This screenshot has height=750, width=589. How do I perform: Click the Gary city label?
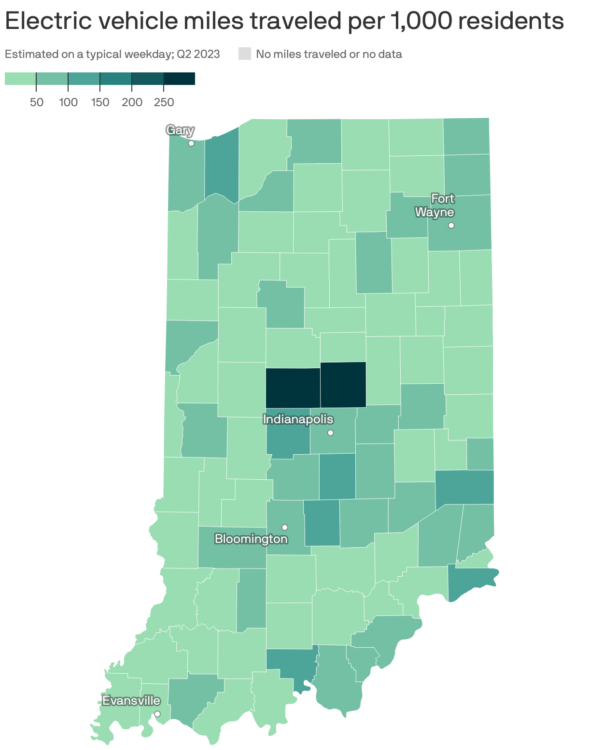click(180, 130)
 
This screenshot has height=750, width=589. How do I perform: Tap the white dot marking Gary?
click(191, 143)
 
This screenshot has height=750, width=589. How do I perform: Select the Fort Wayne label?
click(435, 206)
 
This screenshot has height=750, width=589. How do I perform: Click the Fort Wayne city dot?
click(451, 225)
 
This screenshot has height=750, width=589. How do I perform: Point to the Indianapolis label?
click(298, 419)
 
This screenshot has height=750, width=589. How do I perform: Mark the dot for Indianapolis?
click(330, 432)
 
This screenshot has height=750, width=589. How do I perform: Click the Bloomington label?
click(251, 539)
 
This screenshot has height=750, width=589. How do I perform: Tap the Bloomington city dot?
click(285, 527)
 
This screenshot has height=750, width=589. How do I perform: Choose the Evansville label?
click(131, 700)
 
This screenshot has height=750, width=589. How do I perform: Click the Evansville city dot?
click(157, 714)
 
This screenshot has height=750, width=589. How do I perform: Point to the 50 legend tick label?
click(36, 102)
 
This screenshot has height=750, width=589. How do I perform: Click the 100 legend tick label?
click(68, 102)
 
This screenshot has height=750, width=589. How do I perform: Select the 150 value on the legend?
click(100, 102)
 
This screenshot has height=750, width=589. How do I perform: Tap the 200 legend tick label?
click(132, 102)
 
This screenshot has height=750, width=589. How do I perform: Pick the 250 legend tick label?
click(164, 102)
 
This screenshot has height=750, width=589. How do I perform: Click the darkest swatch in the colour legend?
click(179, 78)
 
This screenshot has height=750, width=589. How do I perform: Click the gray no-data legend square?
click(245, 54)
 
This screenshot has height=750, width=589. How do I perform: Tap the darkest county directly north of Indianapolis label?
click(293, 387)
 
